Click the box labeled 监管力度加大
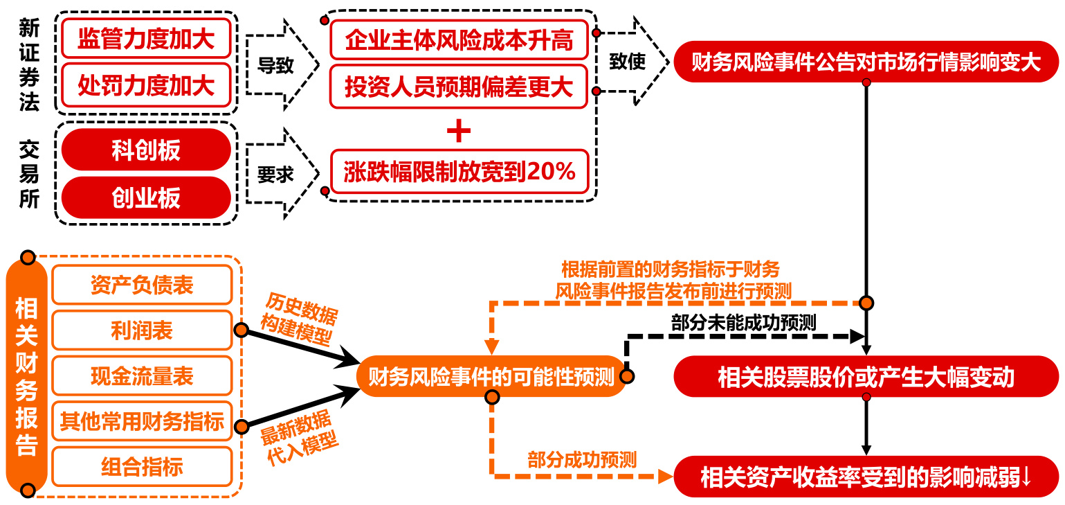click(146, 39)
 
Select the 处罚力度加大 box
click(146, 85)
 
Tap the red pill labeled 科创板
click(146, 150)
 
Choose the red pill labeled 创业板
click(146, 197)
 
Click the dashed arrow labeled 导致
click(280, 65)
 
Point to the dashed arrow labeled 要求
click(280, 175)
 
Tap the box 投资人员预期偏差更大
click(459, 87)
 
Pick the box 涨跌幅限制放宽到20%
click(459, 171)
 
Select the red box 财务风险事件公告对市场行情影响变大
click(866, 62)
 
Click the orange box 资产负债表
click(142, 285)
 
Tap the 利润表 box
click(142, 330)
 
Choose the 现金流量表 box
click(142, 376)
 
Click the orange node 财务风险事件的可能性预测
click(491, 378)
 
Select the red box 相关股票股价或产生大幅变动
click(866, 377)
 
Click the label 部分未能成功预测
click(743, 322)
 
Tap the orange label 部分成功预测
click(582, 459)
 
